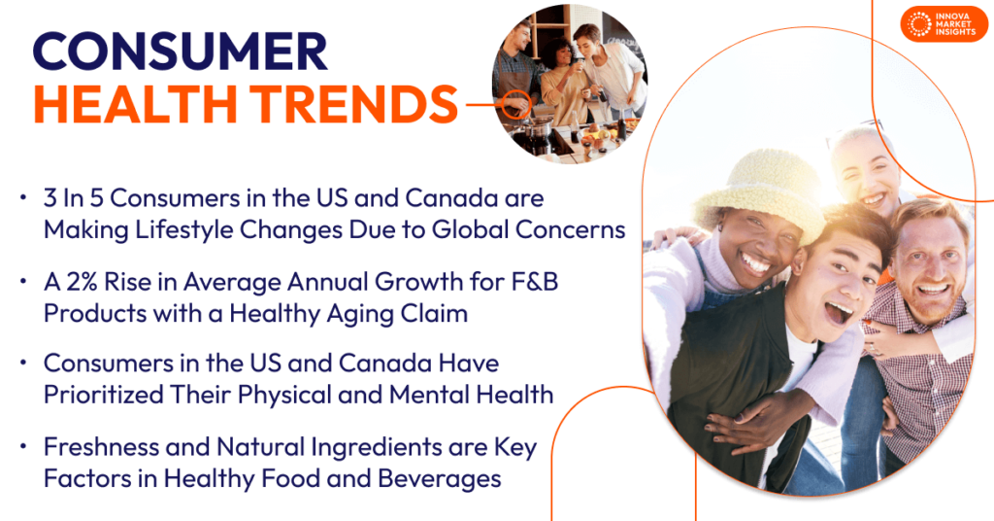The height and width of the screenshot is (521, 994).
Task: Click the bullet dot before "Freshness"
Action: click(x=23, y=450)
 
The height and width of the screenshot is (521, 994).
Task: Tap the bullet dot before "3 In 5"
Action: click(x=23, y=199)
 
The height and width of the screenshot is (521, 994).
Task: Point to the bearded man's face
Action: click(x=928, y=262)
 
